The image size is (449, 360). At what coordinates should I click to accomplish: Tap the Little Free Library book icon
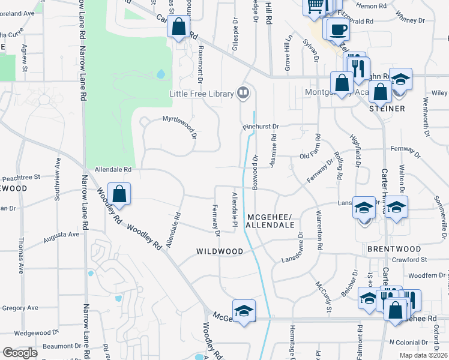243,93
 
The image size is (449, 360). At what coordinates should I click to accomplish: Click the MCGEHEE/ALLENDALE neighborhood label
271,221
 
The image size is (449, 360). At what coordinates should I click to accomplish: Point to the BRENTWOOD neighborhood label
394,248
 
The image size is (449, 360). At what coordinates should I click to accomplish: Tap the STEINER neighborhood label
388,109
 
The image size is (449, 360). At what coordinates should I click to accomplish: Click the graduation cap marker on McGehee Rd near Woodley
244,310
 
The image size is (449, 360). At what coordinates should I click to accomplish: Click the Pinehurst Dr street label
261,127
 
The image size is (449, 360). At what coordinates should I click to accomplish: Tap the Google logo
19,353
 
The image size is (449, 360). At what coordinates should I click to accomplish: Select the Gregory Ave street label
20,308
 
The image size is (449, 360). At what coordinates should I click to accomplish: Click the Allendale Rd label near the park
109,170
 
